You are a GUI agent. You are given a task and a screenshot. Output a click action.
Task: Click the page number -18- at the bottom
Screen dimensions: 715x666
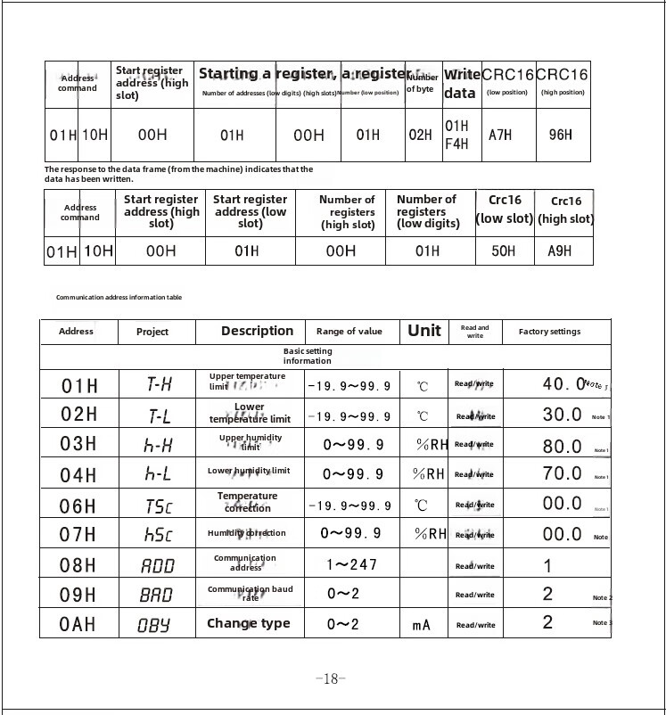(331, 678)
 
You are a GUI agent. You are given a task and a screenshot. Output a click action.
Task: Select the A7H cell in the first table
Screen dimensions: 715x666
(500, 135)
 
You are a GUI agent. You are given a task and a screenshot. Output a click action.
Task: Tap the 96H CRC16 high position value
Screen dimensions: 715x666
(561, 135)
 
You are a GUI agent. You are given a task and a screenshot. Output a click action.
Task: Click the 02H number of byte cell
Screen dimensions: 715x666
(421, 135)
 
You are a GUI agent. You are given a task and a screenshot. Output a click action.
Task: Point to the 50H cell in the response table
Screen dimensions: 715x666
(504, 251)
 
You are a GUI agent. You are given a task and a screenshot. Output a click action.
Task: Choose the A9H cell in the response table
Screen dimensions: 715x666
(561, 251)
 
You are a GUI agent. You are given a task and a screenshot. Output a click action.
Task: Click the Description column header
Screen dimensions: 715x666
(257, 331)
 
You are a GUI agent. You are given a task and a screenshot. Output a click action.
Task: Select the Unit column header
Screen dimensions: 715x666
(423, 331)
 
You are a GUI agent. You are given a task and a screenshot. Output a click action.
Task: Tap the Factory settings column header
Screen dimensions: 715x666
(549, 332)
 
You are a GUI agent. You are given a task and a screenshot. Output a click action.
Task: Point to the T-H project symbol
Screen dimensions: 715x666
(159, 385)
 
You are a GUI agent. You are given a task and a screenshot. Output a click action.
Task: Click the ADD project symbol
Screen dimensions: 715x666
(159, 565)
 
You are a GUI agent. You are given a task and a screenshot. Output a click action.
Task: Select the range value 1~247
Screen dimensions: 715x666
(351, 564)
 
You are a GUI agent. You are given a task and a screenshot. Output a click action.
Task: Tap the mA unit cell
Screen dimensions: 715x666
(422, 625)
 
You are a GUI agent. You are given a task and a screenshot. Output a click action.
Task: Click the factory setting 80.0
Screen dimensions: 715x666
(563, 445)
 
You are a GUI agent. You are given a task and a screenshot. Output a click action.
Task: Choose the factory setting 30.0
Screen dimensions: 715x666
(563, 415)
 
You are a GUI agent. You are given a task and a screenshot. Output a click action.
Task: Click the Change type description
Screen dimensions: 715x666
(249, 623)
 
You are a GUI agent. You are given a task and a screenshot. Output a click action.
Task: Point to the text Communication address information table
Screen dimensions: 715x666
(119, 297)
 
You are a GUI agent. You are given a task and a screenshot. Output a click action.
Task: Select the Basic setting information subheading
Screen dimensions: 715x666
(308, 356)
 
